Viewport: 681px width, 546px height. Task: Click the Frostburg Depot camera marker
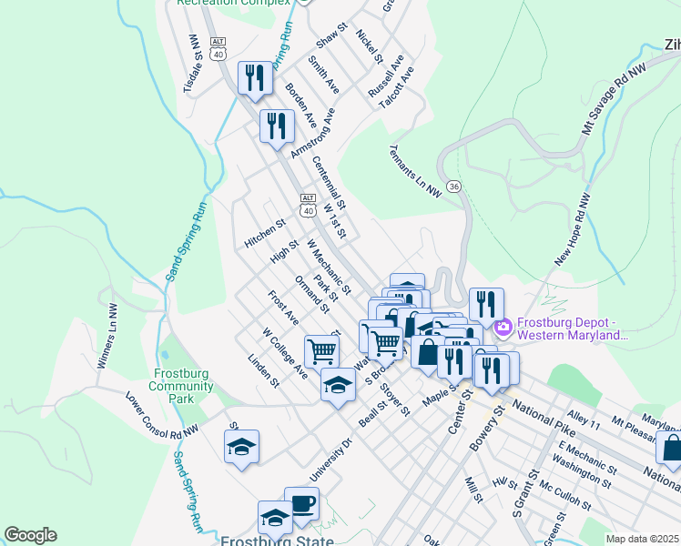click(x=502, y=327)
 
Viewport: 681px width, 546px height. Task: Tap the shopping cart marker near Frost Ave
click(x=321, y=349)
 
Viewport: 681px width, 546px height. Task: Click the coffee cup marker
click(x=301, y=503)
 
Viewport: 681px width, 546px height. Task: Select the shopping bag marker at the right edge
click(x=672, y=449)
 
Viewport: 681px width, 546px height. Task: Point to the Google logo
click(x=30, y=534)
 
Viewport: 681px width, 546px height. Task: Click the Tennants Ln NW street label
click(x=414, y=170)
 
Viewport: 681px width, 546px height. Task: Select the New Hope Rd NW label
click(x=572, y=229)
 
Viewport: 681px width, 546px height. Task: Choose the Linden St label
click(x=263, y=370)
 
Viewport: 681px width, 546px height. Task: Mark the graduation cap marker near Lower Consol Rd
click(x=241, y=446)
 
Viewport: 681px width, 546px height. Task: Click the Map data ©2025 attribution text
click(x=642, y=539)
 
